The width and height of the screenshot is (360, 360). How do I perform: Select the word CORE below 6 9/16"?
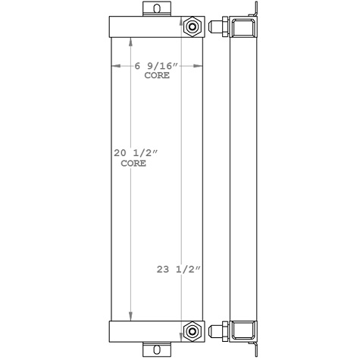pyautogui.click(x=156, y=76)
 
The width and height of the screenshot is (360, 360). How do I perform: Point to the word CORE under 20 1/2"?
pyautogui.click(x=133, y=164)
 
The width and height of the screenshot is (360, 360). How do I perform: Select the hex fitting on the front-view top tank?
pyautogui.click(x=193, y=27)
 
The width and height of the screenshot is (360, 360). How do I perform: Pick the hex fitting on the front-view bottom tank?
pyautogui.click(x=193, y=331)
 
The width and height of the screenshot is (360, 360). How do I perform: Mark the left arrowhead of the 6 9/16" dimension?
pyautogui.click(x=116, y=66)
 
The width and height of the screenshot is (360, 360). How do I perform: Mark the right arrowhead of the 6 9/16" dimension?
pyautogui.click(x=201, y=66)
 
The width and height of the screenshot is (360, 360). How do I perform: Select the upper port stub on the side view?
pyautogui.click(x=218, y=28)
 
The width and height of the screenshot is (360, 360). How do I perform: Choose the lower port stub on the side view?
pyautogui.click(x=218, y=331)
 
